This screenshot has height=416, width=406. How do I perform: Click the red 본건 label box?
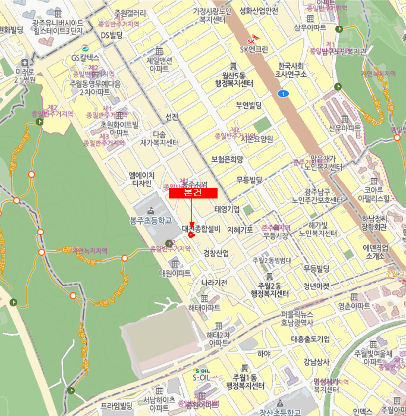tap(193, 193)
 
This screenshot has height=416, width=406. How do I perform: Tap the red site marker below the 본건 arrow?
tap(191, 235)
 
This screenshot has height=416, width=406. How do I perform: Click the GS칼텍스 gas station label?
tap(85, 58)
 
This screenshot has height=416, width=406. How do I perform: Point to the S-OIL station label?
tap(201, 377)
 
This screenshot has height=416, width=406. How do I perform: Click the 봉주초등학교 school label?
tap(150, 220)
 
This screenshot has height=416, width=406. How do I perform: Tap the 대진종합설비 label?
tap(201, 228)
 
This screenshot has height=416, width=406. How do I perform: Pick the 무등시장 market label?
tap(276, 236)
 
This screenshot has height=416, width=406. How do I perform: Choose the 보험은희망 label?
tap(228, 159)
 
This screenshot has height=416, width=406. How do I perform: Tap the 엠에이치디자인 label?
tap(142, 179)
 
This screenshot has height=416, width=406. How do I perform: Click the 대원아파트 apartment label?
tap(175, 273)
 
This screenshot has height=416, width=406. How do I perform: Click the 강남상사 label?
tap(316, 361)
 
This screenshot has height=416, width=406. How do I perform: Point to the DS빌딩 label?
tap(111, 36)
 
